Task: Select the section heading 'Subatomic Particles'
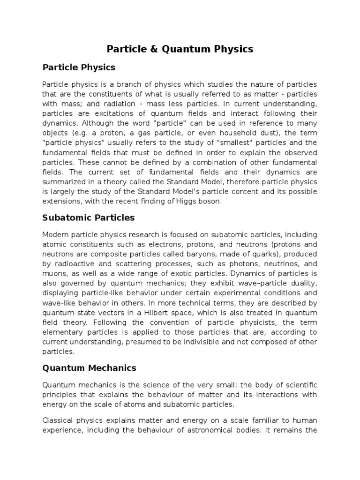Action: click(89, 217)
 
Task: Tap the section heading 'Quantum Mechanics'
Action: click(89, 368)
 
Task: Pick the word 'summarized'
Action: click(63, 182)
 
